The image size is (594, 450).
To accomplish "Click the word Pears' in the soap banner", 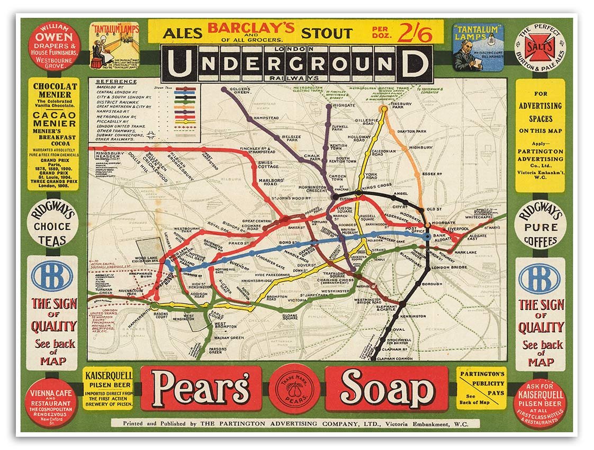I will (x=201, y=389).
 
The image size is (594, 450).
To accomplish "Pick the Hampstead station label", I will (x=266, y=117).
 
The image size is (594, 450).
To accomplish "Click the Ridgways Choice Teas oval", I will (x=53, y=223).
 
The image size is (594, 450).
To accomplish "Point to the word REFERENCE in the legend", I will (x=116, y=82).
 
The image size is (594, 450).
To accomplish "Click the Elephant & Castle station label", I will (x=386, y=308).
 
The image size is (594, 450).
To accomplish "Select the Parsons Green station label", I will (x=215, y=350).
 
